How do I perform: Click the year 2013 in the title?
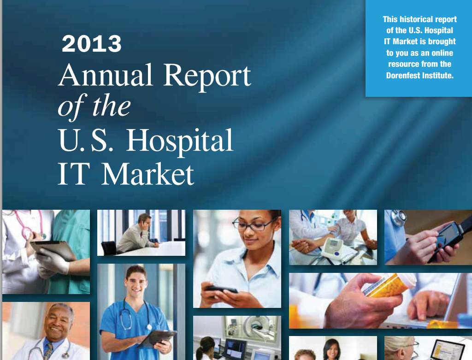(92, 44)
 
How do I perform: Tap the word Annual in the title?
(106, 75)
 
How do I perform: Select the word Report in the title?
(207, 77)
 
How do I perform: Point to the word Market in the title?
(148, 174)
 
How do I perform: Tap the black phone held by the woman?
(221, 289)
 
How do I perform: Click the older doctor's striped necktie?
(48, 351)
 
